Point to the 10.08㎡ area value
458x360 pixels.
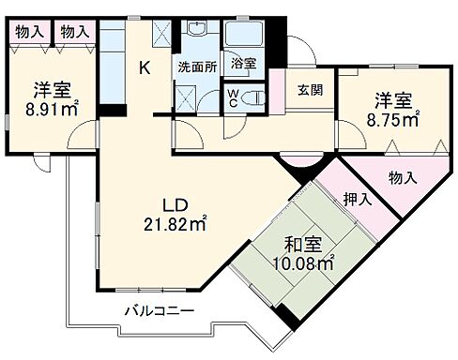(301, 264)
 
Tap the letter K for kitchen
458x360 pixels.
(145, 67)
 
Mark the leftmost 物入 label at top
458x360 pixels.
(30, 32)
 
